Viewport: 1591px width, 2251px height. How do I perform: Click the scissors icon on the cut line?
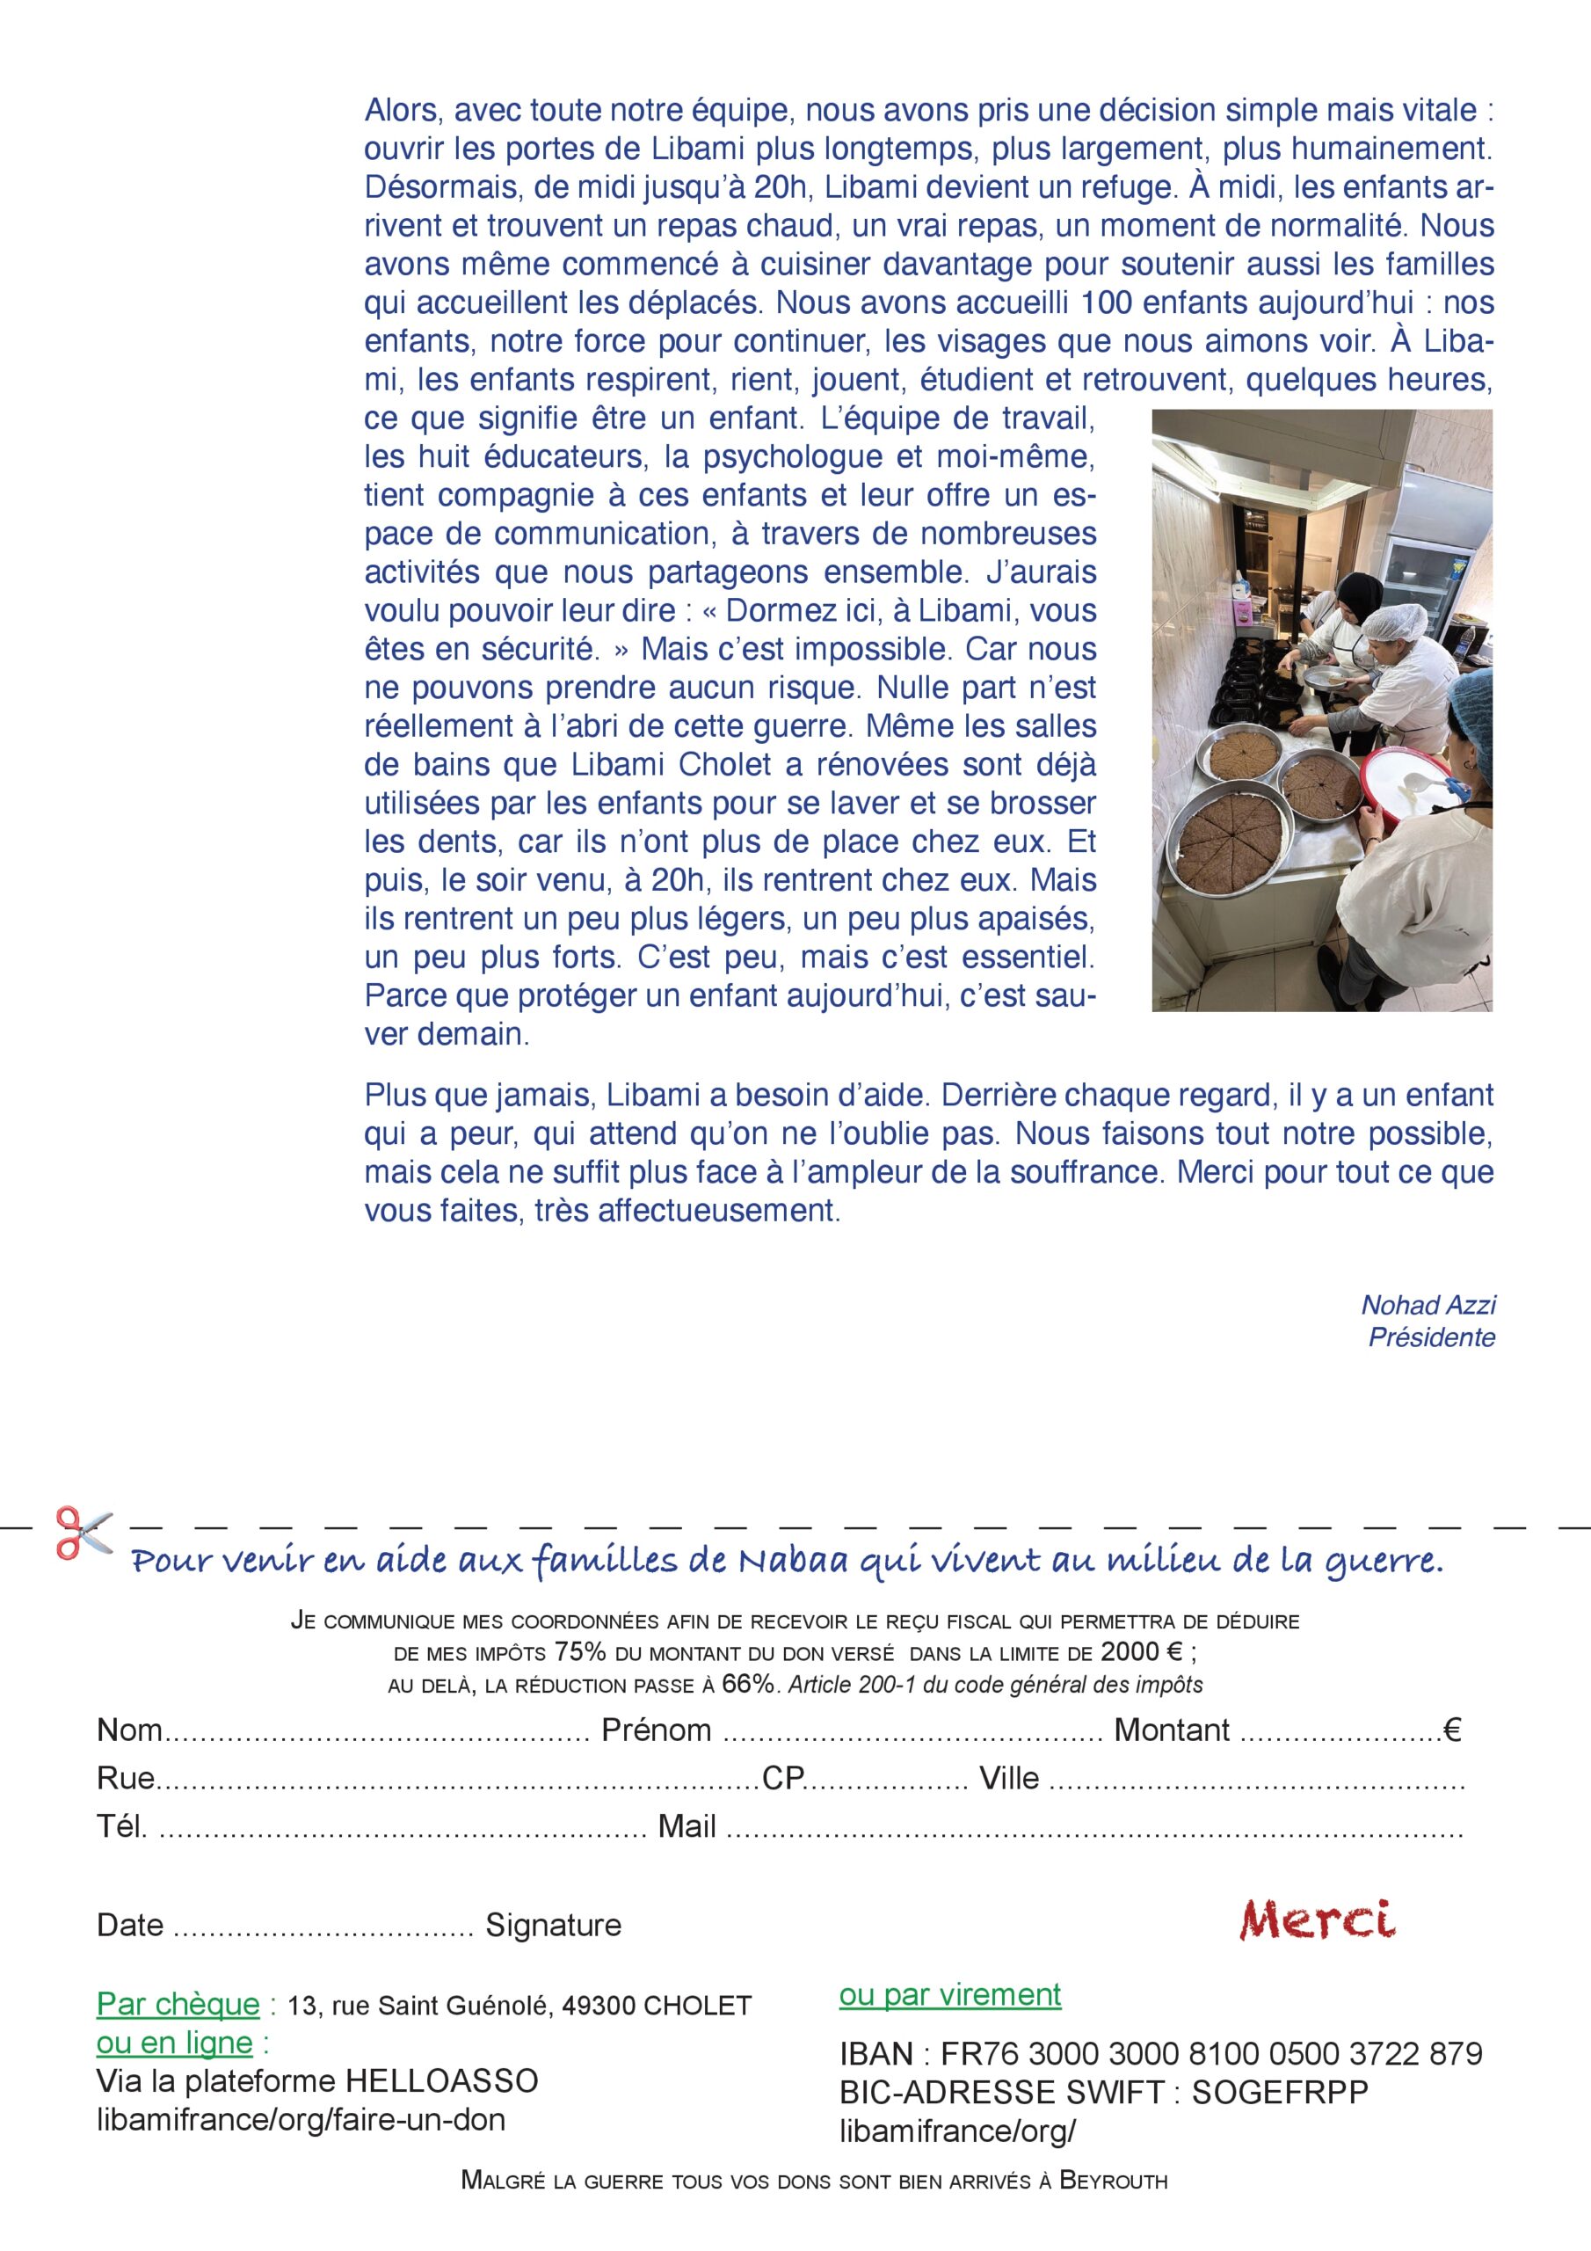83,1533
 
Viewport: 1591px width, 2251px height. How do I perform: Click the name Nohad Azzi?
1428,1305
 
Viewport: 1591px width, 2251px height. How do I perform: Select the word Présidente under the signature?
1431,1337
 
